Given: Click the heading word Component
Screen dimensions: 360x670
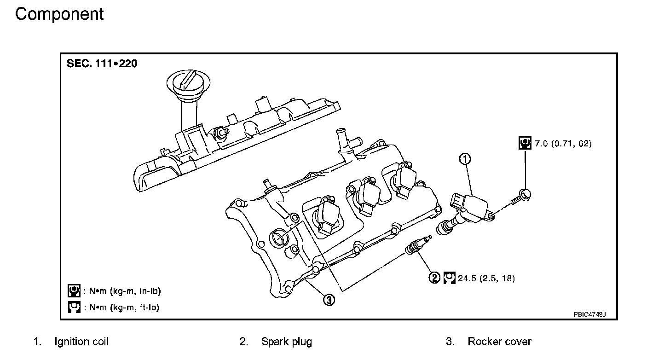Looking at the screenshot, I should point(59,14).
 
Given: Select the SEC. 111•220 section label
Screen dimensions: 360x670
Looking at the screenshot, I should point(102,64).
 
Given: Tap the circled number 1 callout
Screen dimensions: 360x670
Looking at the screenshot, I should point(465,159).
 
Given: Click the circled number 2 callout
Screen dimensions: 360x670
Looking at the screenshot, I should point(434,278).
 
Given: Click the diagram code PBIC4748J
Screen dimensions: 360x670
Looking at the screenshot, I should point(589,314).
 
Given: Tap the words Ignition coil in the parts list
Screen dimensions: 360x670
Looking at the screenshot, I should point(81,342).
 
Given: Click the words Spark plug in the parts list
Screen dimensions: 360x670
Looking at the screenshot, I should point(286,342).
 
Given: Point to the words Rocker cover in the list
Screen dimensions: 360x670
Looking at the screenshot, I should point(499,342).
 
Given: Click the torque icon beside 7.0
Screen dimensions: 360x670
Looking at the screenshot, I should point(524,143).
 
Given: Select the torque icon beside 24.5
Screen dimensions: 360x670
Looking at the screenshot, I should point(449,278).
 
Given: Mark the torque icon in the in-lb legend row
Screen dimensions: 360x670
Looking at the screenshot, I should point(74,291).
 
